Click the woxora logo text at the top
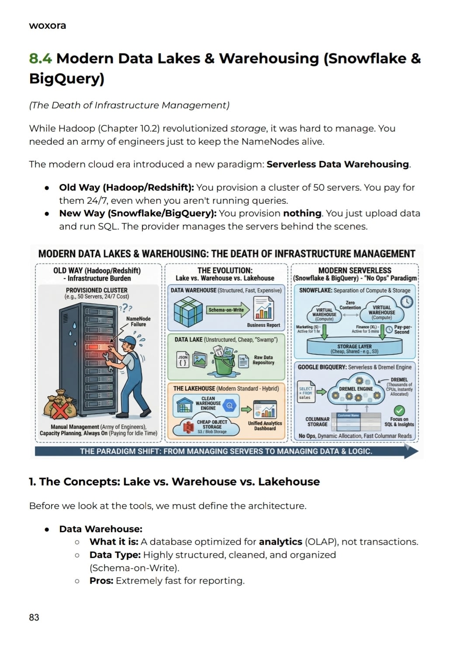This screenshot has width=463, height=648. [47, 25]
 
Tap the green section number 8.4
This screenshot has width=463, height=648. [40, 59]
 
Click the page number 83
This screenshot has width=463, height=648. [34, 617]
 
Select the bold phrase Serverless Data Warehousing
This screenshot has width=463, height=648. [338, 164]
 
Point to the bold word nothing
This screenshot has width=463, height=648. [302, 213]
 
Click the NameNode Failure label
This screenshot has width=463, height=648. [138, 321]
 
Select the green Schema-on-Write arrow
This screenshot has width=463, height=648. [228, 310]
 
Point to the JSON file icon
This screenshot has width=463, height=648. [183, 360]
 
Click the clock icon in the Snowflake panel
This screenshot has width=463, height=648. [407, 302]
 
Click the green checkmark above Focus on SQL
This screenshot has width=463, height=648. [399, 410]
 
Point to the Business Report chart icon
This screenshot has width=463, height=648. [264, 308]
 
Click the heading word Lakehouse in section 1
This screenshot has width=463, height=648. [289, 482]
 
